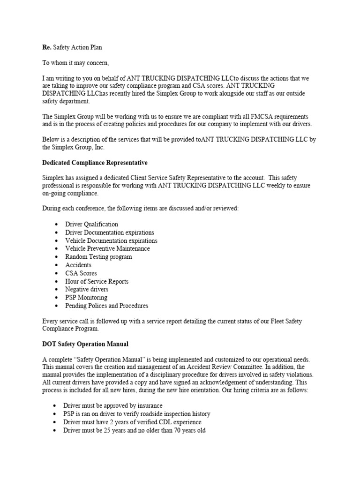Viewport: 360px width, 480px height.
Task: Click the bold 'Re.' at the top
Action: click(46, 47)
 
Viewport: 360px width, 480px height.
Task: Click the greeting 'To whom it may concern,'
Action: click(75, 63)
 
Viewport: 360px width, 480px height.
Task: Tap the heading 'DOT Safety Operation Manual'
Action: click(85, 344)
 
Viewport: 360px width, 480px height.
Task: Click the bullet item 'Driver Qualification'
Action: click(92, 224)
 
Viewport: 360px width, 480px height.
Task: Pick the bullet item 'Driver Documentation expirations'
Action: click(110, 232)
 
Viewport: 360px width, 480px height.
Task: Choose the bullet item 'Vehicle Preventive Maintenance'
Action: click(108, 248)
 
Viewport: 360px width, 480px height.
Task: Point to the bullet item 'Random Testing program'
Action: click(99, 257)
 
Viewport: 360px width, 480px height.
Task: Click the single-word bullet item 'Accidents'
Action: click(79, 265)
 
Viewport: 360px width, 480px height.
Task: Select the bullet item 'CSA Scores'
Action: click(82, 273)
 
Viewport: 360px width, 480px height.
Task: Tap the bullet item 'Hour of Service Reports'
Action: click(97, 281)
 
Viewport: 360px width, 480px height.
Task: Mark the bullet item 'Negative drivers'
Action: click(87, 289)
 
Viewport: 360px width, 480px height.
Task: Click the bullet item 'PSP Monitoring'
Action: click(87, 297)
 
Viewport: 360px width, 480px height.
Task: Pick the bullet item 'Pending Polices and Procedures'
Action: click(107, 306)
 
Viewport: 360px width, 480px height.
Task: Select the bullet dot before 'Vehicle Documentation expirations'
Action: click(56, 241)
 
